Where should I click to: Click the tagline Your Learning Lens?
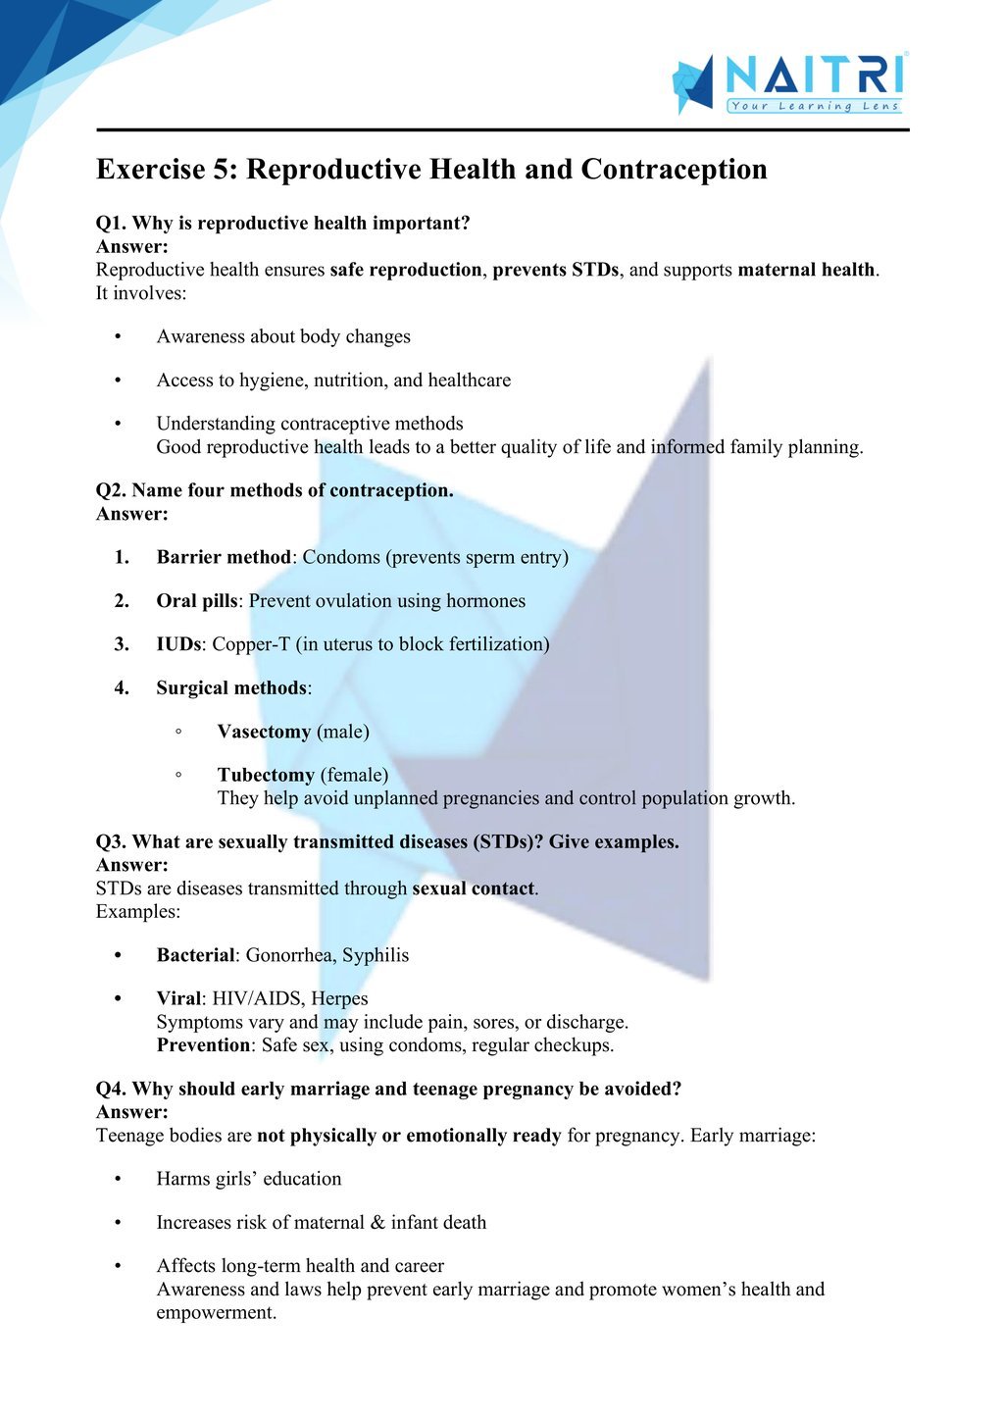(x=814, y=106)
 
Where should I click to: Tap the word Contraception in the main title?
(x=674, y=170)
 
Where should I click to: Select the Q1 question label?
(x=111, y=224)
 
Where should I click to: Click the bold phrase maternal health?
(x=806, y=270)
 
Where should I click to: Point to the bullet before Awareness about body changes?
(x=118, y=337)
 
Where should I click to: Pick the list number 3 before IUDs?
(x=122, y=644)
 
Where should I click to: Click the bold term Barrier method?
(x=224, y=557)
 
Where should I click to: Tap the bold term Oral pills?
(x=196, y=601)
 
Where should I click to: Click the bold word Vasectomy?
(x=264, y=732)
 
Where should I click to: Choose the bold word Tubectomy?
(x=266, y=775)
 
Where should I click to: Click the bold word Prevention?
(x=203, y=1045)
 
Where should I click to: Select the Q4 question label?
(x=111, y=1089)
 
